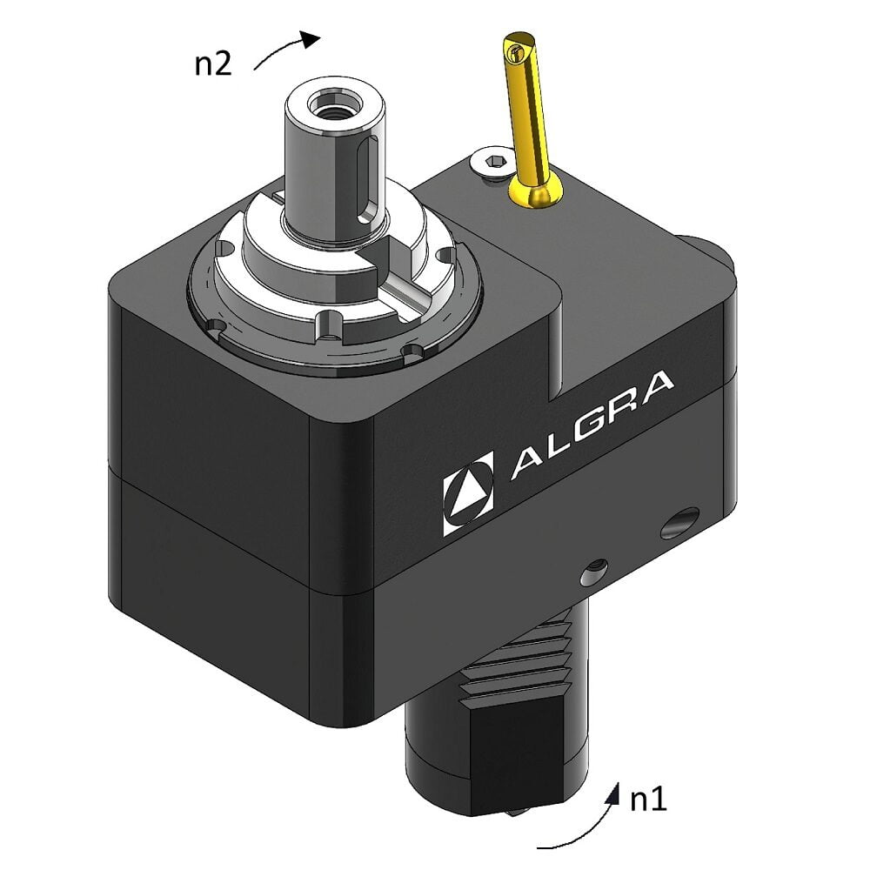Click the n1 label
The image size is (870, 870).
647,800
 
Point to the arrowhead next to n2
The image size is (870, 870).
310,37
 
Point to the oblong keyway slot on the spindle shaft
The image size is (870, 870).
368,179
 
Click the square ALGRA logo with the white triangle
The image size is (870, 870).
468,493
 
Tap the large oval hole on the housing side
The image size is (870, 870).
679,522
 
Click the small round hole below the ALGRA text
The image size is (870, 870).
594,571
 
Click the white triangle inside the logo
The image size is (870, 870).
468,493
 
